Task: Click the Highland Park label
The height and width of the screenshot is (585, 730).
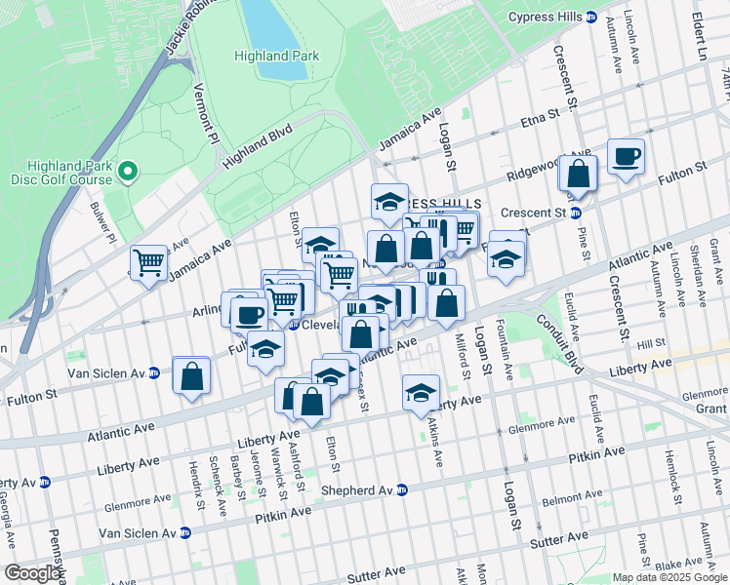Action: [x=276, y=56]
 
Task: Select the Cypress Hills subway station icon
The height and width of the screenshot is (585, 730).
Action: [x=591, y=18]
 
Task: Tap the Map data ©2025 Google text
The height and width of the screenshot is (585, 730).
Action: [x=669, y=577]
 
